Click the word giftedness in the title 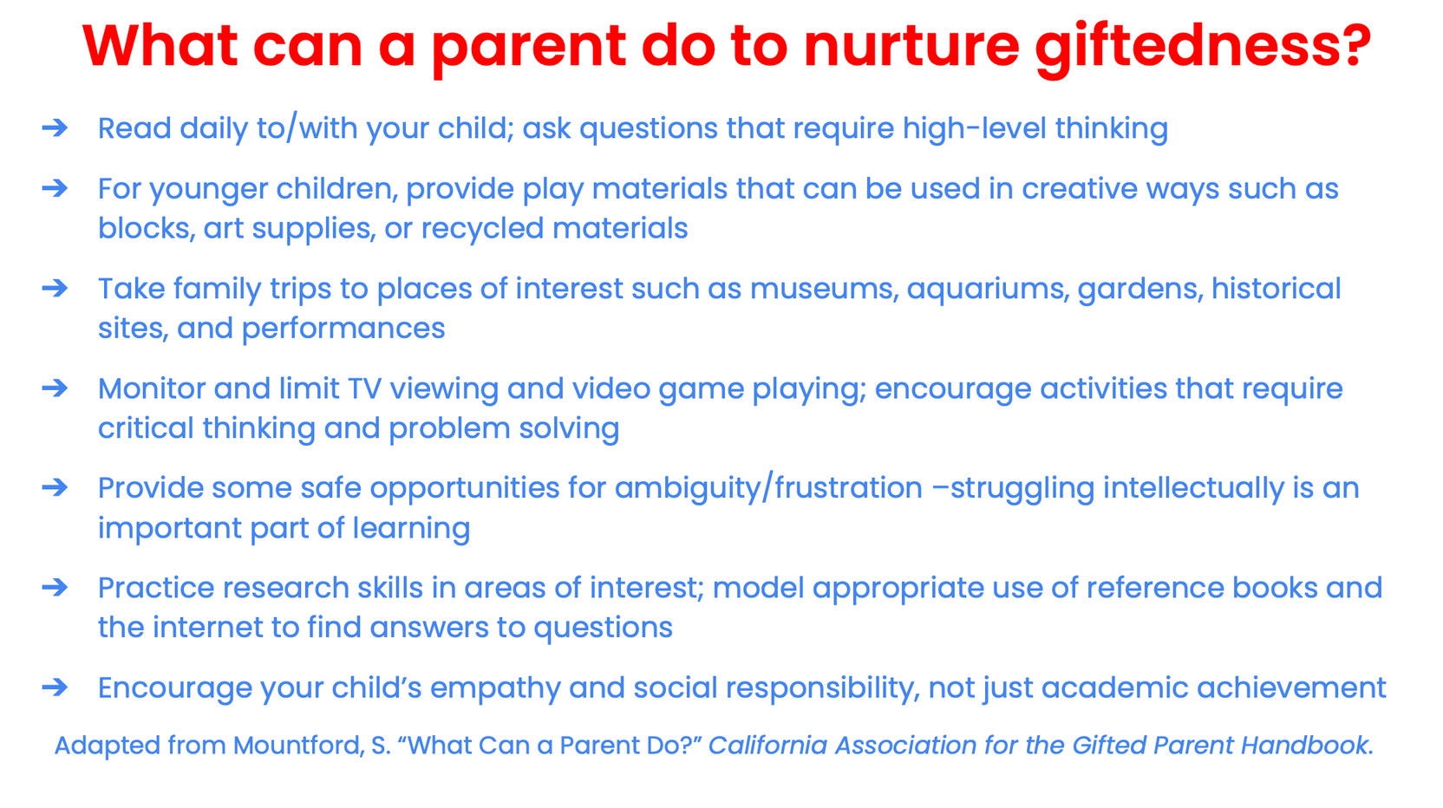click(x=1203, y=46)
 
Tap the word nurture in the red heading click(x=911, y=46)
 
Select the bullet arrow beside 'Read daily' click(x=55, y=127)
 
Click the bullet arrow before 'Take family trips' click(x=55, y=288)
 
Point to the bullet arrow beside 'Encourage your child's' click(x=55, y=687)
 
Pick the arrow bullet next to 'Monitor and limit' click(x=55, y=388)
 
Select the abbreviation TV click(x=364, y=388)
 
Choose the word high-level click(x=975, y=129)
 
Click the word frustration click(x=848, y=488)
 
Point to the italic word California click(x=767, y=746)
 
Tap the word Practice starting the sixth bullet click(x=157, y=588)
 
